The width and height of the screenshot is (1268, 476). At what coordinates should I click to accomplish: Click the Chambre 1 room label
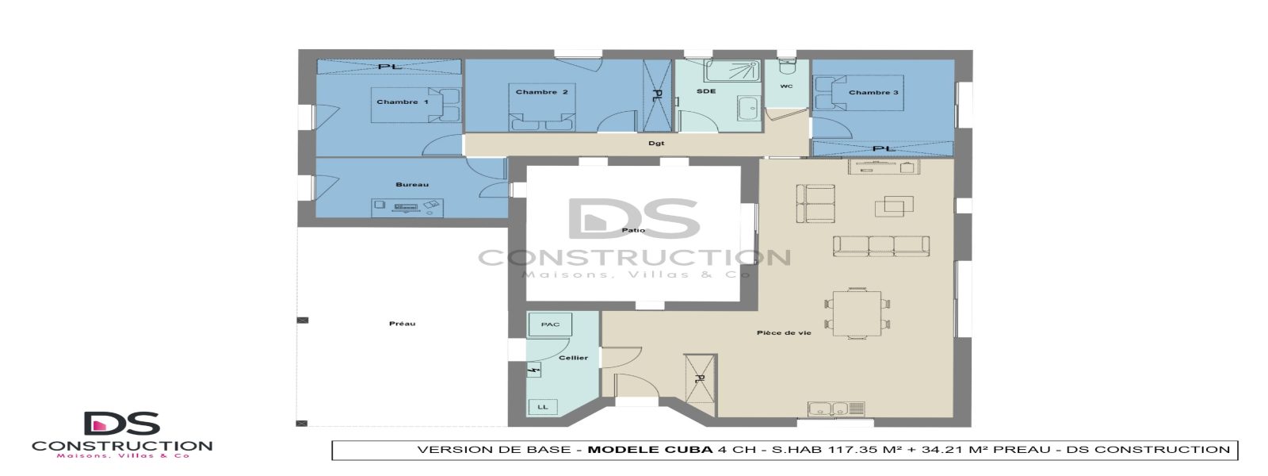click(x=402, y=102)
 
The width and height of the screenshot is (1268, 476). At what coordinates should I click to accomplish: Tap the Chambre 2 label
click(x=541, y=92)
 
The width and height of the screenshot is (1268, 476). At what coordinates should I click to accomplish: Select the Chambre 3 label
click(x=873, y=92)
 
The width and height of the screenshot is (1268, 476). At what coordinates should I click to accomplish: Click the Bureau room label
click(x=411, y=185)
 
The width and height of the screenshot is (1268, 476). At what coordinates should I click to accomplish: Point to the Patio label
click(x=633, y=230)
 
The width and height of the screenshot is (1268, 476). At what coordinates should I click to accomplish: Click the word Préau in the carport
click(x=402, y=324)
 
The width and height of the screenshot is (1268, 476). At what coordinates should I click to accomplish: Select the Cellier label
click(x=573, y=358)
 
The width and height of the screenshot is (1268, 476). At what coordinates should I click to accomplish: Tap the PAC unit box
click(x=550, y=324)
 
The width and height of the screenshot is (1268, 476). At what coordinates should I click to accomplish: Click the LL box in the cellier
click(x=543, y=407)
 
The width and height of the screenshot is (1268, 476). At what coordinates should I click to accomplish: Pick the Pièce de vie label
click(x=783, y=332)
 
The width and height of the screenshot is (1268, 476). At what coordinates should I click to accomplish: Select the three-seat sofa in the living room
click(x=880, y=245)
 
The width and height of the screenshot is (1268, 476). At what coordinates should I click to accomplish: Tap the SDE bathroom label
click(x=705, y=91)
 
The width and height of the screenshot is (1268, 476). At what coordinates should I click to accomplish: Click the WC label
click(x=785, y=86)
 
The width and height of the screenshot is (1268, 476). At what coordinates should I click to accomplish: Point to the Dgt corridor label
click(x=655, y=144)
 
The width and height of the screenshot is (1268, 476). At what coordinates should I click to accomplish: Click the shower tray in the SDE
click(x=731, y=71)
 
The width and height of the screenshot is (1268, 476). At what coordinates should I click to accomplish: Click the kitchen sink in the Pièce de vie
click(x=828, y=409)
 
